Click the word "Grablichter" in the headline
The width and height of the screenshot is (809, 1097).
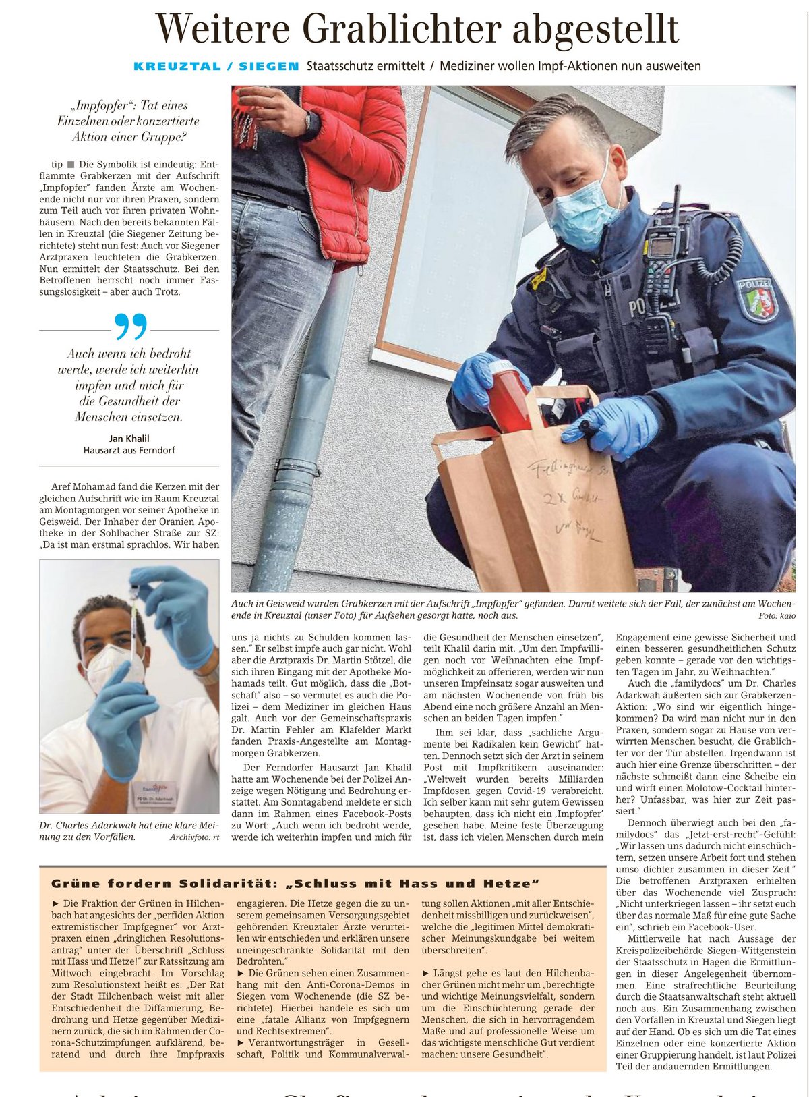coord(401,30)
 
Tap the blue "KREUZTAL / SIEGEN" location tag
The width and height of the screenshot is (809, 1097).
coord(216,66)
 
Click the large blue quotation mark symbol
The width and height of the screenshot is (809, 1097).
coord(130,327)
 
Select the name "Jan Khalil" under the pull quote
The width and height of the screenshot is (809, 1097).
coord(129,439)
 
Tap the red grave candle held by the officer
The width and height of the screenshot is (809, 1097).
coord(510,398)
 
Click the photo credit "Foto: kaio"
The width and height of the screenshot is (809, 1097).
coord(777,616)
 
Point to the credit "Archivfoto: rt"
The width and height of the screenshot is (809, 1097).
coord(194,837)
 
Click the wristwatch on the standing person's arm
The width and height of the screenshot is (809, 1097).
coord(307,121)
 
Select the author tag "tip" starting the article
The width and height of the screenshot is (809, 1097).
coord(57,165)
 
